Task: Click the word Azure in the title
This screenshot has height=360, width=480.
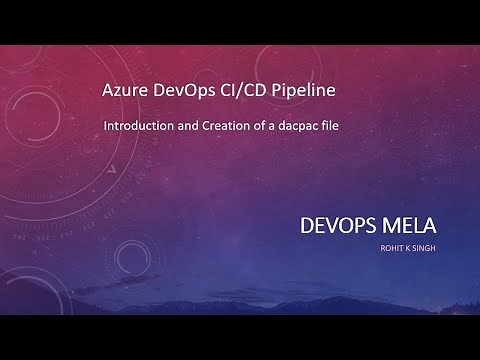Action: click(124, 92)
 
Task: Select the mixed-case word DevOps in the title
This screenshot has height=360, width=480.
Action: click(186, 92)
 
